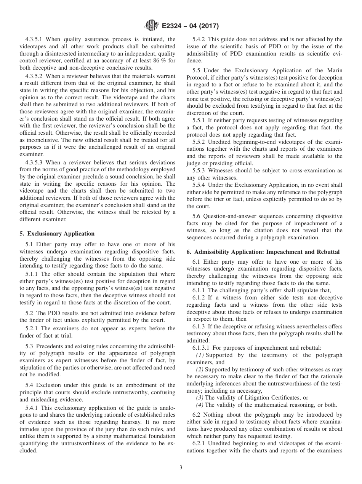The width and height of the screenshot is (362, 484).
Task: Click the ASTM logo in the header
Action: point(151,26)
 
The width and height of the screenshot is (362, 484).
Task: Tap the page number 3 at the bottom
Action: point(181,467)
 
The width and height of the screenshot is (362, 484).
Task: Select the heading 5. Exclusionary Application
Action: point(57,234)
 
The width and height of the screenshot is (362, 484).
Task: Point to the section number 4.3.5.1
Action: point(35,39)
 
